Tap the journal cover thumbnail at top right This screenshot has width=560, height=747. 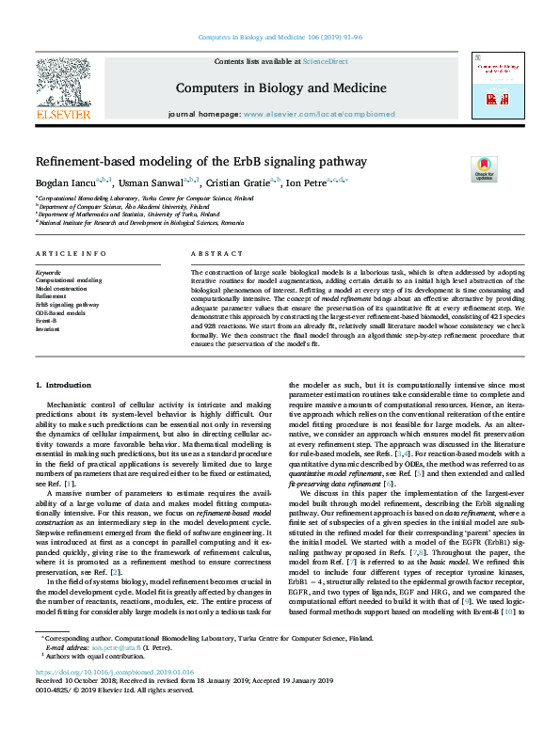click(496, 87)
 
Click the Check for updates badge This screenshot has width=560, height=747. click(484, 169)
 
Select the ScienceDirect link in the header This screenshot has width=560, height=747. click(327, 62)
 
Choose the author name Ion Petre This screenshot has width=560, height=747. click(311, 183)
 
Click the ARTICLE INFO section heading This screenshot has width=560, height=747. click(71, 255)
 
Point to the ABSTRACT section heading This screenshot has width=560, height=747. click(211, 255)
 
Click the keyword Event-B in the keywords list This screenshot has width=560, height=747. click(47, 320)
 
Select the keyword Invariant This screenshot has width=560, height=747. click(48, 328)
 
